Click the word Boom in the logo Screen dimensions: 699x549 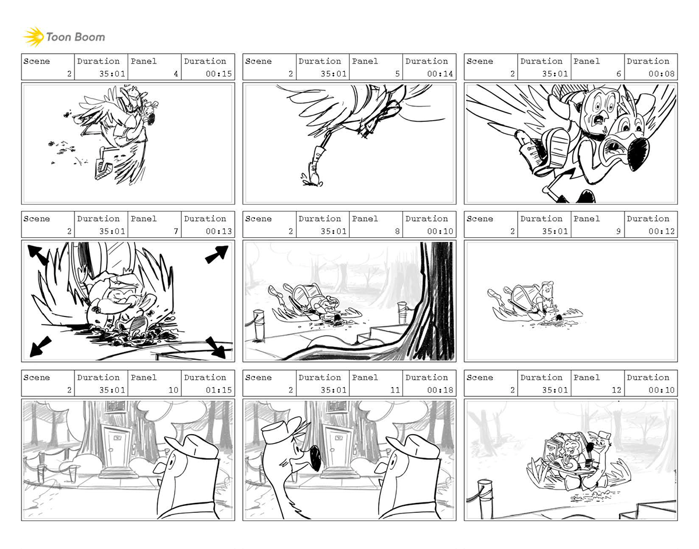[x=90, y=37]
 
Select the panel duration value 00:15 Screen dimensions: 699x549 [x=219, y=73]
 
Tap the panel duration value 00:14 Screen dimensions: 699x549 [x=440, y=73]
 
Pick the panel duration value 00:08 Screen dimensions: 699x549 [x=661, y=73]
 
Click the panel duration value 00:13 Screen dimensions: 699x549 [x=219, y=231]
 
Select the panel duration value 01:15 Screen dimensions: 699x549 [x=219, y=390]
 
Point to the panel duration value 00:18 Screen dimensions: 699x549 [x=440, y=390]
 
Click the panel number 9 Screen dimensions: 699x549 [x=618, y=231]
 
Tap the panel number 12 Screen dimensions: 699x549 [x=617, y=390]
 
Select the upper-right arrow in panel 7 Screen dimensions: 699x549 [x=217, y=254]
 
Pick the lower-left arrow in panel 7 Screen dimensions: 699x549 [x=40, y=347]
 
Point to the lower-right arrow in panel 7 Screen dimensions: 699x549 [x=216, y=347]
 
